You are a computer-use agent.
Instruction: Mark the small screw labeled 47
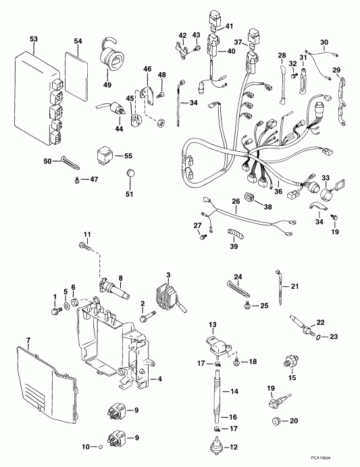point(78,178)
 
